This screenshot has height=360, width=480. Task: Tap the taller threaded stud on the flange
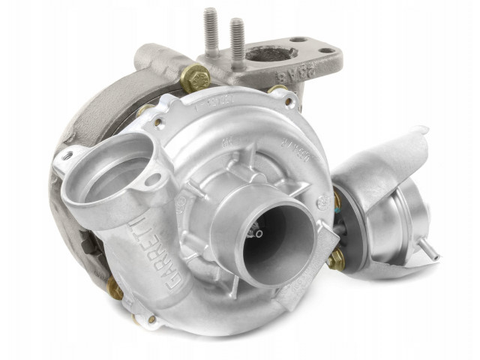click(x=211, y=34)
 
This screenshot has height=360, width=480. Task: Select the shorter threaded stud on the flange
click(x=238, y=41)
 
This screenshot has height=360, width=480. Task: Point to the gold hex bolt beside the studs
click(x=195, y=76)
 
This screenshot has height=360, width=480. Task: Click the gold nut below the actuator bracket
click(x=337, y=260)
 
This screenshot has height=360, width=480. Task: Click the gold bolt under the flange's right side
click(x=278, y=91)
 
